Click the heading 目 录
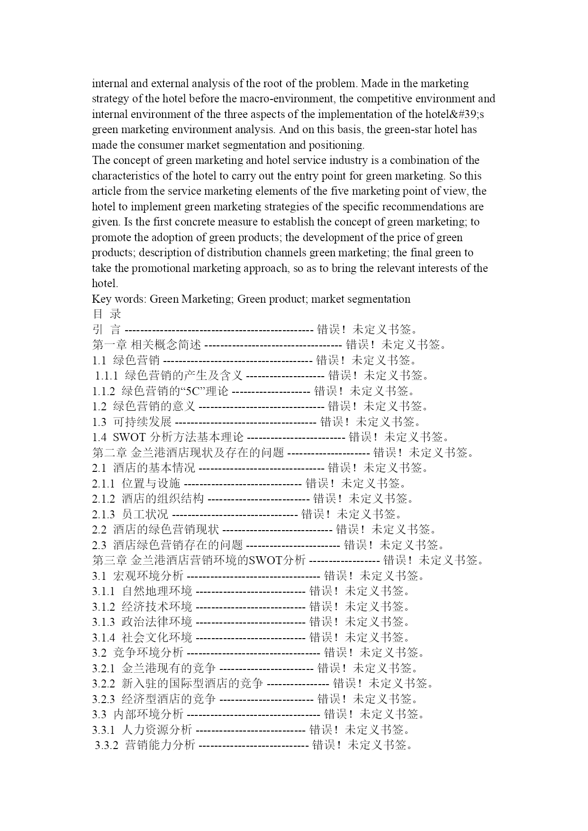(x=107, y=314)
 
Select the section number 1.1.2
(x=104, y=391)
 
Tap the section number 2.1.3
(x=104, y=514)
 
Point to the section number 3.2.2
(x=104, y=683)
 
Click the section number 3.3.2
(x=107, y=745)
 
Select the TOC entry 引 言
(x=107, y=329)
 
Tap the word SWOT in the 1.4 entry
(x=129, y=437)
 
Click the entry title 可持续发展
(x=142, y=422)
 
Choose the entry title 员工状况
(x=145, y=514)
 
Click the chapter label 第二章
(x=109, y=452)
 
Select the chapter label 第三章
(x=109, y=560)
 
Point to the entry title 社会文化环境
(x=157, y=637)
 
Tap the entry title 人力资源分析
(x=157, y=730)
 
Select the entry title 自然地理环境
(x=157, y=591)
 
